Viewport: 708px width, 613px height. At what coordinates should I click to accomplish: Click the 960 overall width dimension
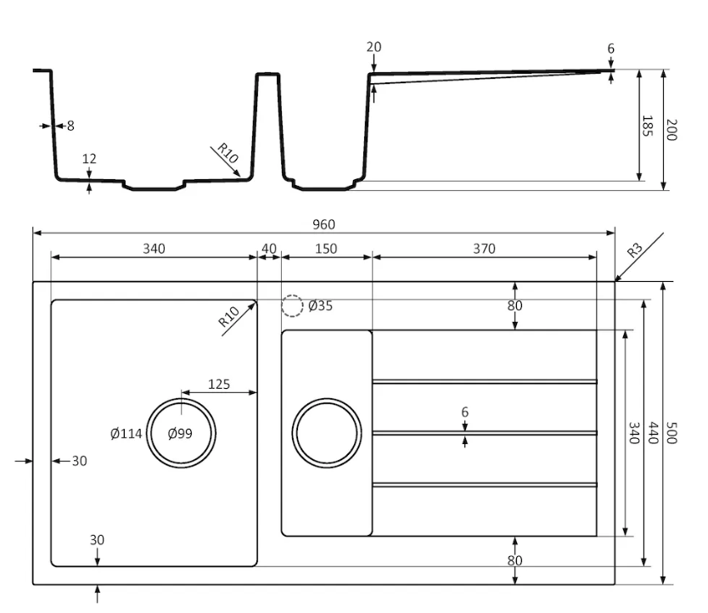pos(323,224)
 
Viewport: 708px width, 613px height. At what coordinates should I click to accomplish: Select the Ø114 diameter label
pos(126,434)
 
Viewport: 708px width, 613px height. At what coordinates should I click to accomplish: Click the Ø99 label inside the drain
pos(180,434)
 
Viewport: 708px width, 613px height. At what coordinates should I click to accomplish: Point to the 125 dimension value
pos(219,384)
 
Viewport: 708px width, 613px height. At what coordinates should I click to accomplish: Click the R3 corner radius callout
pos(634,250)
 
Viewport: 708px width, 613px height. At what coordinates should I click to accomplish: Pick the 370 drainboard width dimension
pos(484,249)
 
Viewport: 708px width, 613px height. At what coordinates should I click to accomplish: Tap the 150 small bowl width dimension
pos(326,249)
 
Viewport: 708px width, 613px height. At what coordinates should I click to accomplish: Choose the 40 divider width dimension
pos(268,249)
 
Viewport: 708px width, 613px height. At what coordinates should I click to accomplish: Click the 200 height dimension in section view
pos(671,130)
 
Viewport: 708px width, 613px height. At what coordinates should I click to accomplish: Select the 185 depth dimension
pos(647,126)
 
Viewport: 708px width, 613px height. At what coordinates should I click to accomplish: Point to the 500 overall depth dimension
pos(671,433)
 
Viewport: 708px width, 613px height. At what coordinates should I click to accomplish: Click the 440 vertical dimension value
pos(653,433)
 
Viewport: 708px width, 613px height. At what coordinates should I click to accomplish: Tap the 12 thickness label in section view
pos(89,159)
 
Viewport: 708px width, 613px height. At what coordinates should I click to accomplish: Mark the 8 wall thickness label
pos(70,126)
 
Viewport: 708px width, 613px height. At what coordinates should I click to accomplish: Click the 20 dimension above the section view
pos(374,47)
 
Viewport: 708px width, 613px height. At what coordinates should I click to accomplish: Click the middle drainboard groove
pos(485,433)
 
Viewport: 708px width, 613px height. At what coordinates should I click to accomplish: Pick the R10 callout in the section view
pos(228,154)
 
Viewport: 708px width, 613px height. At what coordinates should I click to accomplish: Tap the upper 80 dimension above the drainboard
pos(514,306)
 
